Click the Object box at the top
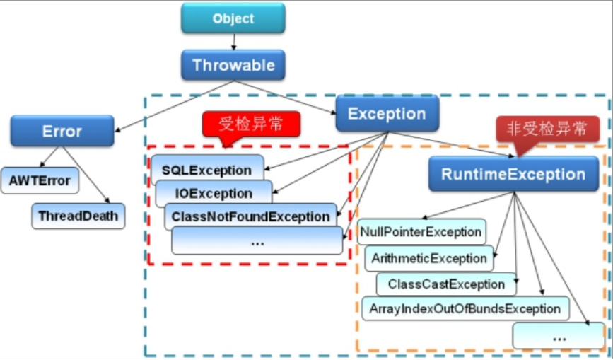coord(233,18)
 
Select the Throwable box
coord(233,65)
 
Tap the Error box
coord(62,131)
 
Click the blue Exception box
coord(387,114)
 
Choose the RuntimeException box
coord(513,174)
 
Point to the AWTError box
coord(40,180)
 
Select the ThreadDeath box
coord(78,216)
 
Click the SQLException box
coord(206,170)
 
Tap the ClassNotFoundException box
coord(250,216)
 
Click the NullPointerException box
coord(421,232)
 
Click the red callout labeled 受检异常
coord(251,124)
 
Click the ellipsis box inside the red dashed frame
coord(257,241)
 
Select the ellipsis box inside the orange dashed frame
coord(559,336)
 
